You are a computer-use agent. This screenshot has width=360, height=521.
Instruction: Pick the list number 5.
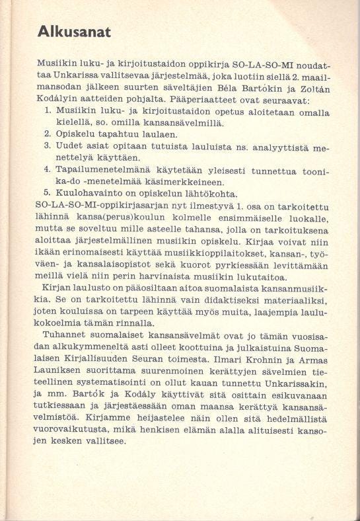[48, 193]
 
